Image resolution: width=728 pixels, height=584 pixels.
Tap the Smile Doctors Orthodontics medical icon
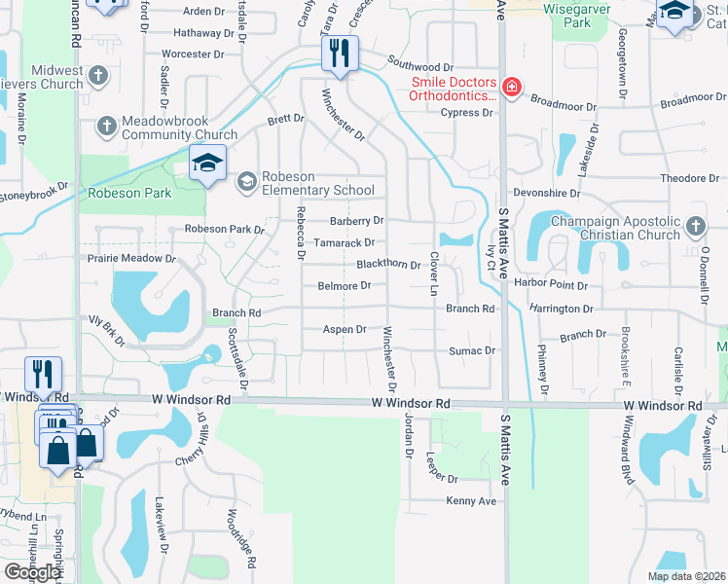pyautogui.click(x=511, y=89)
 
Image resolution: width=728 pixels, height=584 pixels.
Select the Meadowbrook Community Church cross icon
pyautogui.click(x=107, y=126)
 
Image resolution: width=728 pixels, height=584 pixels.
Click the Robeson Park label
pyautogui.click(x=129, y=193)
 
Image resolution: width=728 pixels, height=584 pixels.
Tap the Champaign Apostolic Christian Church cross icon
pyautogui.click(x=695, y=227)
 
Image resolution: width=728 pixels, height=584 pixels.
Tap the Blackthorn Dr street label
pyautogui.click(x=387, y=265)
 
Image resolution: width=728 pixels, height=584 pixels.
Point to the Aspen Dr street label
pyautogui.click(x=345, y=330)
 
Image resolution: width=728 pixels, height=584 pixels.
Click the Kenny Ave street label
pyautogui.click(x=471, y=500)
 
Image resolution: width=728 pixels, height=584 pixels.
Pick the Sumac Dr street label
pyautogui.click(x=472, y=350)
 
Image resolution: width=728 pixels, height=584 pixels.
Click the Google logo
pyautogui.click(x=32, y=572)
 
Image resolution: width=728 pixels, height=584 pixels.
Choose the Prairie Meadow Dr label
pyautogui.click(x=131, y=260)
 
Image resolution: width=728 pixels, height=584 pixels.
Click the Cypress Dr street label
pyautogui.click(x=466, y=113)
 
